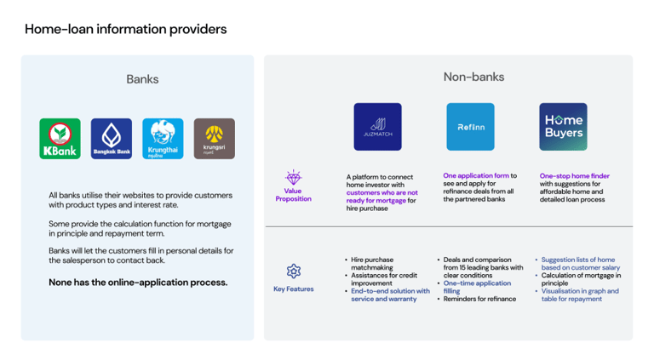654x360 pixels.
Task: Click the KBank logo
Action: click(60, 139)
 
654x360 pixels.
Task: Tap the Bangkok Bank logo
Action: click(112, 139)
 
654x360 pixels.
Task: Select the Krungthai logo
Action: click(163, 139)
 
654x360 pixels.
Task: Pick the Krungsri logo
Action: click(214, 139)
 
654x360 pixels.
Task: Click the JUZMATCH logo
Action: click(377, 127)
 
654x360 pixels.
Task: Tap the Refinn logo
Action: click(470, 127)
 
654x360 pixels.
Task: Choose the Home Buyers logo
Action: click(563, 127)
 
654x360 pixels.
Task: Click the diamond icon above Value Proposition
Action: click(293, 178)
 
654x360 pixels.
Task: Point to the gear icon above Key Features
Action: click(294, 271)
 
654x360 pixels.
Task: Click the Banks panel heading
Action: click(142, 79)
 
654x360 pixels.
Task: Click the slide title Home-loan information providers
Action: click(126, 29)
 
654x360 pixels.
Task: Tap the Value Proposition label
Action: click(293, 195)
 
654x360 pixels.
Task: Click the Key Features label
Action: click(293, 289)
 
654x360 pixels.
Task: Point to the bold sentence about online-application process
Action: click(138, 283)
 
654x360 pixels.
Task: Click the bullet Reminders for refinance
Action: click(479, 300)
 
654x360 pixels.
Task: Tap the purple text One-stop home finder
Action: click(575, 176)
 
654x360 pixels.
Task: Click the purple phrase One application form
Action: click(476, 176)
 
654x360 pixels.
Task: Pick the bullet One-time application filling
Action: click(477, 287)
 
